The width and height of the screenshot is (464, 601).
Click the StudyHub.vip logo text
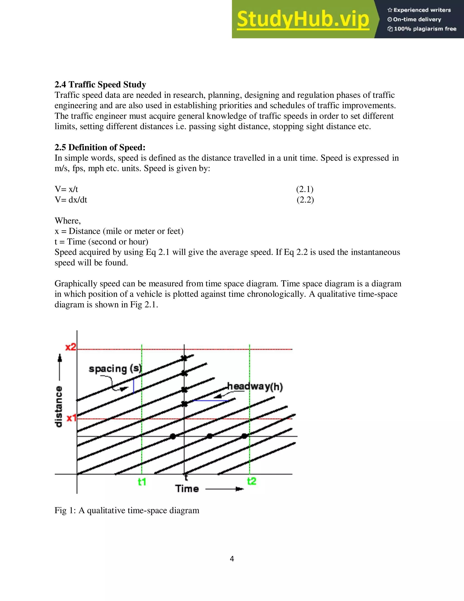tap(303, 19)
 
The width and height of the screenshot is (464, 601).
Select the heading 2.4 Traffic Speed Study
tap(100, 85)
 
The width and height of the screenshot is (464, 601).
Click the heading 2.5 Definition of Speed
tap(100, 147)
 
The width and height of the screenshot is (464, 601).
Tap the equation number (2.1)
tap(304, 189)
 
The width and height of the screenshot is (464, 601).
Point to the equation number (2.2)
tap(305, 200)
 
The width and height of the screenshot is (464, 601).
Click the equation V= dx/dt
tap(71, 200)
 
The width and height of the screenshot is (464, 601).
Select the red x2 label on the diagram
tap(70, 347)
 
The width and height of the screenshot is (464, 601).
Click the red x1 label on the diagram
tap(71, 418)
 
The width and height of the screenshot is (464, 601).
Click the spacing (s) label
tap(115, 369)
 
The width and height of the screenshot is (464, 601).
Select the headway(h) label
tap(255, 386)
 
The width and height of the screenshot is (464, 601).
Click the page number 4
tap(232, 559)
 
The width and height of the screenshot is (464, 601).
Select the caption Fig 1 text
tap(127, 511)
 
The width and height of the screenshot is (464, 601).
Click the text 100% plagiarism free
tap(425, 29)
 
